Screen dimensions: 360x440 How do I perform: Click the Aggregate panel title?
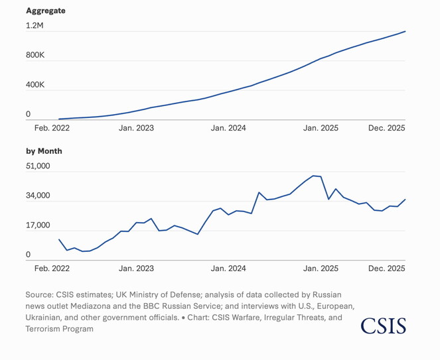click(46, 11)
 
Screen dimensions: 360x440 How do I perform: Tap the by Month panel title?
click(44, 151)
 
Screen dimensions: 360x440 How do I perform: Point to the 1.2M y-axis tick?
click(35, 25)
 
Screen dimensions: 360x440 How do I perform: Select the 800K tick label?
click(35, 55)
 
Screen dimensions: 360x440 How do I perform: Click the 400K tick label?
click(35, 86)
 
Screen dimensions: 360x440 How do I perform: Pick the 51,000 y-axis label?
click(38, 166)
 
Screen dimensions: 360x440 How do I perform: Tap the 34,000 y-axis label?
click(38, 196)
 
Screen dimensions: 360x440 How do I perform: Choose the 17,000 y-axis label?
click(38, 225)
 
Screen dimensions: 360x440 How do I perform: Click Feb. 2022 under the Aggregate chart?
click(51, 128)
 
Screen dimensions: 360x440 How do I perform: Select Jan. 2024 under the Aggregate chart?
click(228, 128)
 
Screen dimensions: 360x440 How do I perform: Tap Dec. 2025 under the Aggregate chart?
click(386, 128)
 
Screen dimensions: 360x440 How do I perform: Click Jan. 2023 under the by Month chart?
click(136, 269)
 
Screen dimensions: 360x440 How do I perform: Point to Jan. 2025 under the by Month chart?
click(321, 269)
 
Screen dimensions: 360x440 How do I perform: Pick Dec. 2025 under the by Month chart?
click(386, 269)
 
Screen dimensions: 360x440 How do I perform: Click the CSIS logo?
click(383, 326)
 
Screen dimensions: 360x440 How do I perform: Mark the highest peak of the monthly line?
click(313, 176)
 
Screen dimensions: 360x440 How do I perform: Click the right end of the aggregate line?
click(405, 32)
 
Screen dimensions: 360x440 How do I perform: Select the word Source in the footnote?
click(38, 294)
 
